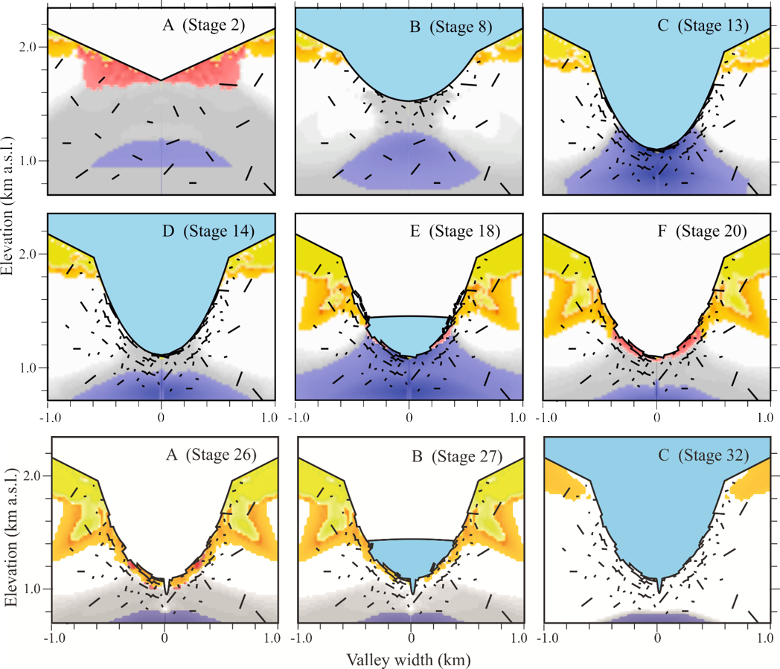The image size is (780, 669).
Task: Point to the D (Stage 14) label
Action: point(203,231)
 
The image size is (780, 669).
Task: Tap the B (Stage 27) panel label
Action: point(453,455)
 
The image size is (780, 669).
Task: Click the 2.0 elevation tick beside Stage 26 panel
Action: point(37,476)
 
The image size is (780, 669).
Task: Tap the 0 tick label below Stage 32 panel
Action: point(657,638)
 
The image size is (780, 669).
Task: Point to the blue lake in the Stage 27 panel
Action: point(409,555)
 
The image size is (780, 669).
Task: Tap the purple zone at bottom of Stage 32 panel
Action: point(657,618)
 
